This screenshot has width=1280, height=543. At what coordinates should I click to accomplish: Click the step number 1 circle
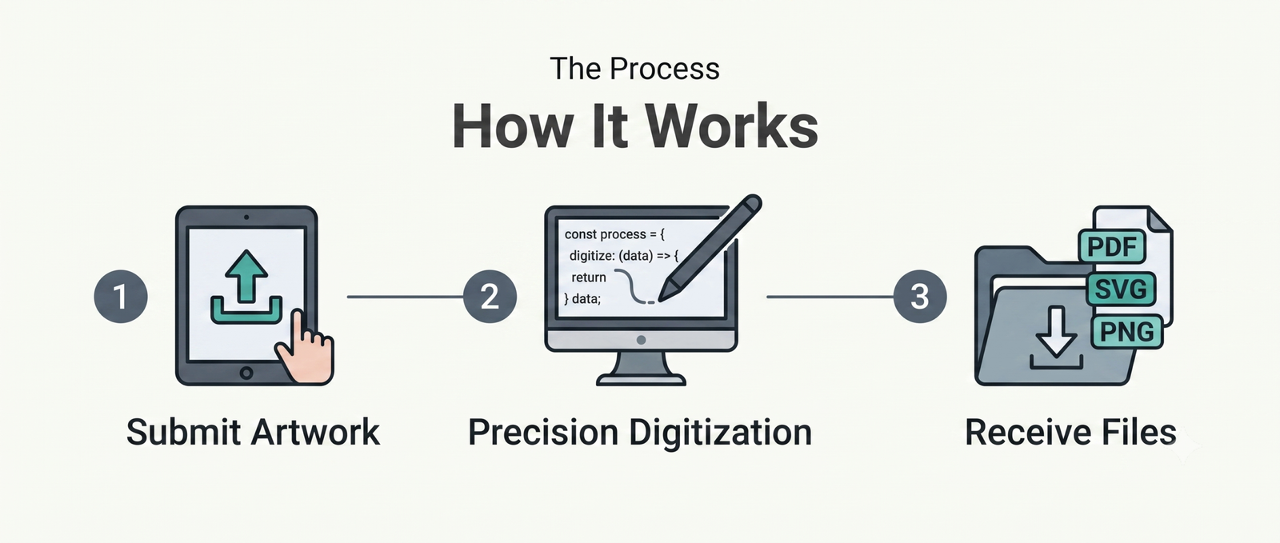121,297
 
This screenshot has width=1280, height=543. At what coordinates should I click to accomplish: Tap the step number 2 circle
490,297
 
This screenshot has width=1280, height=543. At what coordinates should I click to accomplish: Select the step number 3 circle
919,297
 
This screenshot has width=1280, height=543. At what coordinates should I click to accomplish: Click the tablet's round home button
246,373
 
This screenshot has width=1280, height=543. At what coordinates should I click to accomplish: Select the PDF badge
1111,246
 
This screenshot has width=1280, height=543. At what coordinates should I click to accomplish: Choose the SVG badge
1121,289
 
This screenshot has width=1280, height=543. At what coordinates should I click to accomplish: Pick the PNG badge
1127,332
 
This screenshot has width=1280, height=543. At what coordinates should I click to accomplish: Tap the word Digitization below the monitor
720,433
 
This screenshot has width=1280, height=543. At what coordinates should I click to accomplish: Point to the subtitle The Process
634,69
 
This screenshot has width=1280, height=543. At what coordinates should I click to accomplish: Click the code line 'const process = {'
614,234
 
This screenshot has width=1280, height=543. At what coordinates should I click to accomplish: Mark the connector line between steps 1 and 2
405,297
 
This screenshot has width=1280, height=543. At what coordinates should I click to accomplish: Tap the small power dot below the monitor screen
641,340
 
